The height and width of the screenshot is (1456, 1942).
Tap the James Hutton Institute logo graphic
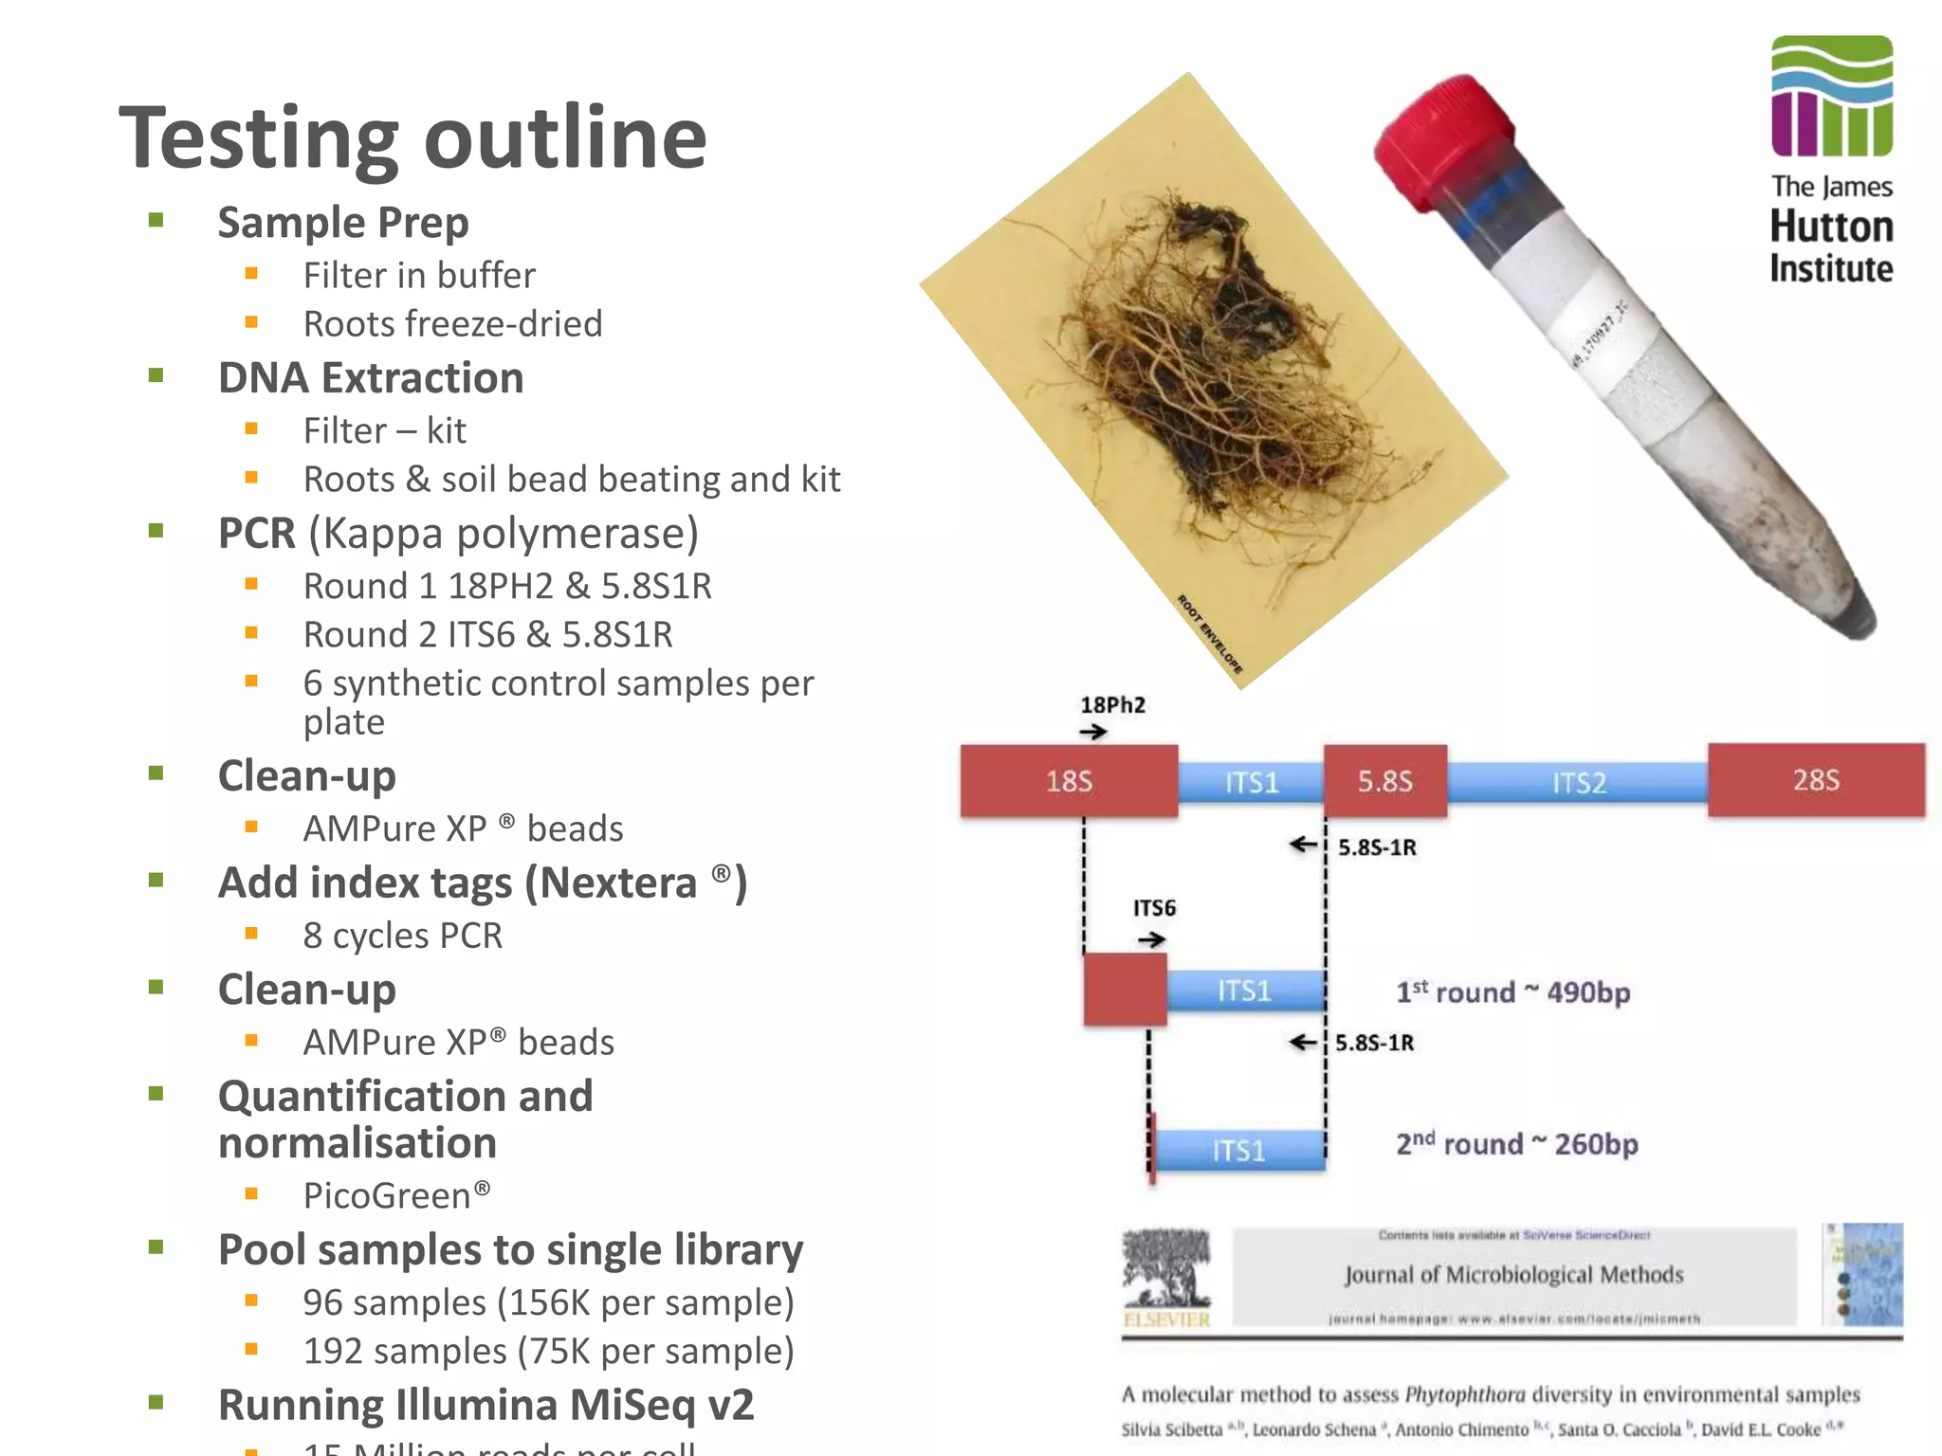pos(1831,96)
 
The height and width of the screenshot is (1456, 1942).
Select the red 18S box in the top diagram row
pos(1069,781)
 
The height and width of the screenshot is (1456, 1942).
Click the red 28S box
pos(1816,780)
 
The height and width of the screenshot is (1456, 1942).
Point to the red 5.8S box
pos(1385,781)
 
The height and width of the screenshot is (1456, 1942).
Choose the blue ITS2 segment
pos(1578,783)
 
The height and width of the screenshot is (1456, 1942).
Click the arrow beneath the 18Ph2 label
pos(1093,732)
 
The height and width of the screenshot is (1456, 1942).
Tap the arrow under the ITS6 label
pos(1151,939)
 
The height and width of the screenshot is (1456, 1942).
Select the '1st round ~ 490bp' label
pos(1512,992)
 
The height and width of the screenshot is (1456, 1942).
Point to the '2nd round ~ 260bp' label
pos(1516,1144)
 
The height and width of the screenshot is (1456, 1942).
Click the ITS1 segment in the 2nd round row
pos(1238,1151)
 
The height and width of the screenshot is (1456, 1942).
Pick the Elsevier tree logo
pos(1166,1270)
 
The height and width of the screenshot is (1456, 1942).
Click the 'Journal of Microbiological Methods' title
pos(1513,1275)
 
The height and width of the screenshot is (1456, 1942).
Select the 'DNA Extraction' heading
pos(371,378)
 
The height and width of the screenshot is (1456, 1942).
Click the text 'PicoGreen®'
pos(396,1195)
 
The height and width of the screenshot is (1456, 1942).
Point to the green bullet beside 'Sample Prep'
pos(156,221)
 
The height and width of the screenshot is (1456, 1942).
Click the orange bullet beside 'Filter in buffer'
pos(251,275)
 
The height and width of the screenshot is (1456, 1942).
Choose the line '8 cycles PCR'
pos(402,936)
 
